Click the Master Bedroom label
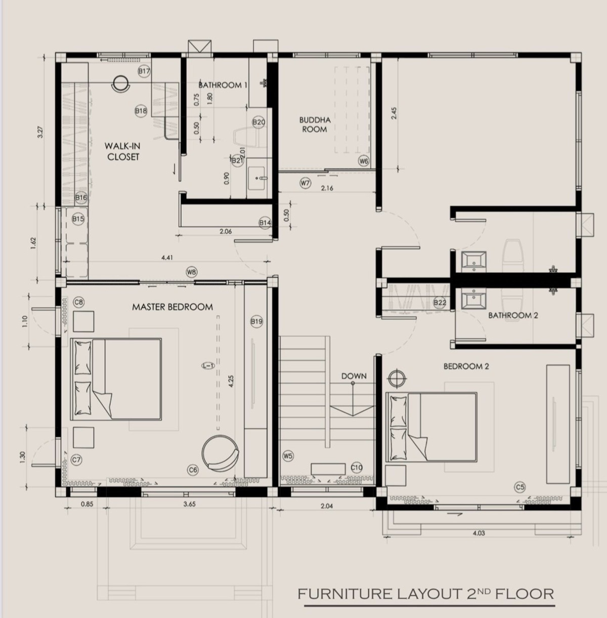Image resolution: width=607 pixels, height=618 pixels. click(x=172, y=307)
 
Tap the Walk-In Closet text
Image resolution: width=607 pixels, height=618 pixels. click(x=123, y=151)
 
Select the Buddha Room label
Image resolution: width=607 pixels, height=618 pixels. click(x=315, y=125)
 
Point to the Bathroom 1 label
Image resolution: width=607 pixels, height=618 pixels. click(x=223, y=85)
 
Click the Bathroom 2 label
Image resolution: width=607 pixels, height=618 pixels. click(x=513, y=315)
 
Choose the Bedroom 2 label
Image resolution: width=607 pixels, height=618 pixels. click(x=466, y=366)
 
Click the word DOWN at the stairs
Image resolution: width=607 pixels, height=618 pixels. click(x=354, y=376)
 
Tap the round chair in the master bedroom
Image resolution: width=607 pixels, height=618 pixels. click(x=220, y=453)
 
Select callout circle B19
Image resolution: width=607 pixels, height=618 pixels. click(x=256, y=321)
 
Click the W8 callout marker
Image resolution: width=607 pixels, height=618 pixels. click(x=191, y=273)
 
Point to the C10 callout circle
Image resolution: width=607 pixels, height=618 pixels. click(x=356, y=468)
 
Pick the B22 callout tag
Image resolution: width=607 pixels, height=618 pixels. click(x=440, y=303)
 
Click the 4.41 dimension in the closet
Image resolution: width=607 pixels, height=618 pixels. click(x=167, y=258)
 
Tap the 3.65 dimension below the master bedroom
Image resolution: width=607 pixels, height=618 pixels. click(x=189, y=504)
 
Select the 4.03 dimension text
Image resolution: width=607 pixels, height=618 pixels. click(x=479, y=533)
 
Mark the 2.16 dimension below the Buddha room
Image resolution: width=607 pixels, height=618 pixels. click(x=327, y=188)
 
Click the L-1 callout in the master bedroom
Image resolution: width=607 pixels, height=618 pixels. click(x=208, y=365)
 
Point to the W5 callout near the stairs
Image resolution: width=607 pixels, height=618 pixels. click(x=288, y=456)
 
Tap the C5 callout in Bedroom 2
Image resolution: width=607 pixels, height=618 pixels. click(x=520, y=487)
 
